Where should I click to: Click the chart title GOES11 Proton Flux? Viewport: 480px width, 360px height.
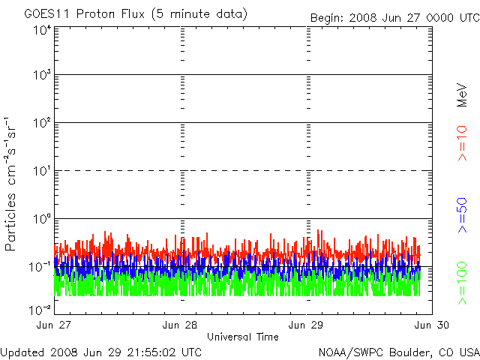125,14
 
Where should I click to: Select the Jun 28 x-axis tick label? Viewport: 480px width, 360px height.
180,325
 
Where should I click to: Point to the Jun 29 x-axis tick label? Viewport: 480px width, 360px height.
307,325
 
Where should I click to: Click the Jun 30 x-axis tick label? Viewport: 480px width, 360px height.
433,325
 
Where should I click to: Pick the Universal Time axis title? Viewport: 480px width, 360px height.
243,337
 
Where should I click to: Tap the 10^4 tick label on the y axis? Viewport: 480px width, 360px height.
41,30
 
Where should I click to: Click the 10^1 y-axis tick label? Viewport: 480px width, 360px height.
41,172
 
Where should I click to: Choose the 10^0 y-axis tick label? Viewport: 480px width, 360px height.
41,219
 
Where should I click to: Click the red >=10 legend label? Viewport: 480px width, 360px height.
463,143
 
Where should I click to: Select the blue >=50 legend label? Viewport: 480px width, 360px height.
463,216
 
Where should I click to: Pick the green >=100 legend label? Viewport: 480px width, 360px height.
463,282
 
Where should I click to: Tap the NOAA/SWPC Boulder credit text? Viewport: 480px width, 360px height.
398,352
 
